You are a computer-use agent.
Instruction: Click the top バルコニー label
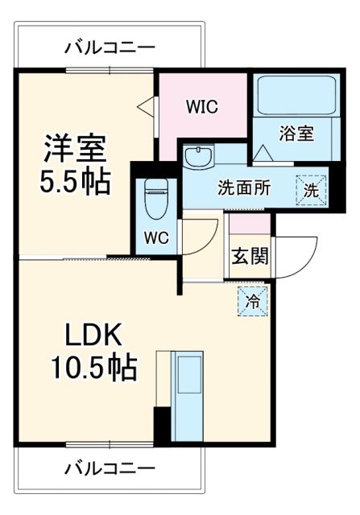[110, 47]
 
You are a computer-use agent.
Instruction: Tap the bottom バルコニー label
[110, 467]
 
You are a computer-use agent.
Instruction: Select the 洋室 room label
[75, 148]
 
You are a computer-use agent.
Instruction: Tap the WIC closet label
[202, 107]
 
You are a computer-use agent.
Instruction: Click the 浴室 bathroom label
[296, 134]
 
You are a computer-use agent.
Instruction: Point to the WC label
[156, 237]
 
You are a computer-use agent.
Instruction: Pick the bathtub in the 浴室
[296, 96]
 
